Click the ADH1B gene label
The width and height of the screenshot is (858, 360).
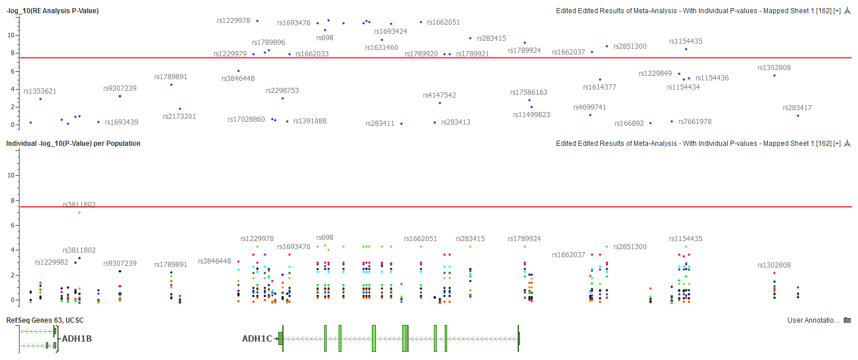(77, 339)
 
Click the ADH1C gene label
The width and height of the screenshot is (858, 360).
(257, 339)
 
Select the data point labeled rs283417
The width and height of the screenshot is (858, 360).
(798, 115)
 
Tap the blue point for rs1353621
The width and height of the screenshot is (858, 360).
(40, 99)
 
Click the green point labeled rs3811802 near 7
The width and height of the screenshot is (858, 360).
(79, 213)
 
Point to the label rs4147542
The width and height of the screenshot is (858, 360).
(440, 95)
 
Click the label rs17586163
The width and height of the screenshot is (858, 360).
(529, 92)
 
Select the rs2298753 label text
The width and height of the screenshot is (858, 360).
(282, 91)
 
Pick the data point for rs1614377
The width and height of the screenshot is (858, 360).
(600, 80)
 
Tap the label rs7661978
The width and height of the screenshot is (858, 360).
(694, 122)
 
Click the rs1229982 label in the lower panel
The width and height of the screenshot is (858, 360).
(52, 262)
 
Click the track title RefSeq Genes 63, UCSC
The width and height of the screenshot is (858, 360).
(45, 320)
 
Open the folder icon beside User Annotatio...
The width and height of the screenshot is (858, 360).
(847, 320)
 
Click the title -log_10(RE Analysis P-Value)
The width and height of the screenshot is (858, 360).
(52, 11)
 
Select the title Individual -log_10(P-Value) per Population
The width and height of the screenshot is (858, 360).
(73, 144)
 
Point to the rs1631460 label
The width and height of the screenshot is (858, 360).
(381, 48)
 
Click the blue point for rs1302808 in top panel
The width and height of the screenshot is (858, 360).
(774, 75)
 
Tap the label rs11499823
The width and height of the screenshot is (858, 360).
(531, 115)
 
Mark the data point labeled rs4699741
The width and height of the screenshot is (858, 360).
(590, 115)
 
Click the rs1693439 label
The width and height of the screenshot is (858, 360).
(121, 122)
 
